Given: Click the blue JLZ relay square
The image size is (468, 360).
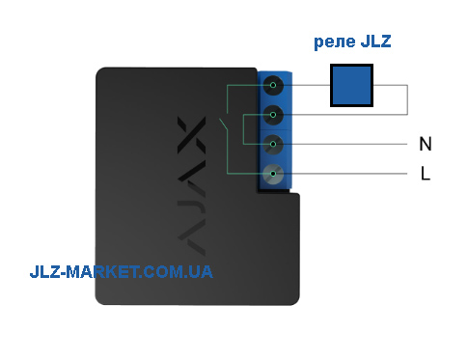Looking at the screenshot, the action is point(351,85).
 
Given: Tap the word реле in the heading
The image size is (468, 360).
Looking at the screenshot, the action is point(335,42).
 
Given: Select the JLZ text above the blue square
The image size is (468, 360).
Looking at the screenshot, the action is point(375,41).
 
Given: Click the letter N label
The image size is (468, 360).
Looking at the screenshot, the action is point(426,144).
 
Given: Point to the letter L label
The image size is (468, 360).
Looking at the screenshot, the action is point(426,174).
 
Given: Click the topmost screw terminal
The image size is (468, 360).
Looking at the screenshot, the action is point(273,85).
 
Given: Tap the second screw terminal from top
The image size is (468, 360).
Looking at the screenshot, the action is point(273,115).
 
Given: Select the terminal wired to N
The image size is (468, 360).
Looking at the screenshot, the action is point(273,144).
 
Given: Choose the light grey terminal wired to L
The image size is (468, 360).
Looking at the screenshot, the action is point(273,174).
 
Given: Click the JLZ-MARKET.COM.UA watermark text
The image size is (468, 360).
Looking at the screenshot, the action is point(122,272).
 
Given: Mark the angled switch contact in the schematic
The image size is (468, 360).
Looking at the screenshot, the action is point(224,125).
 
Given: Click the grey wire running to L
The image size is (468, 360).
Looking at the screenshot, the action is point(340,174).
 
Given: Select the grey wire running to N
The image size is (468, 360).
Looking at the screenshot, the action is point(340,144).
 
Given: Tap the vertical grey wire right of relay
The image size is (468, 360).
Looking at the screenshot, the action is point(407,99).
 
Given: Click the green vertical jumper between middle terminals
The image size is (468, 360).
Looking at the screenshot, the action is point(243,129).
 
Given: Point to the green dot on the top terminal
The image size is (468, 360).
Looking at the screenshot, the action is point(273,85).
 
